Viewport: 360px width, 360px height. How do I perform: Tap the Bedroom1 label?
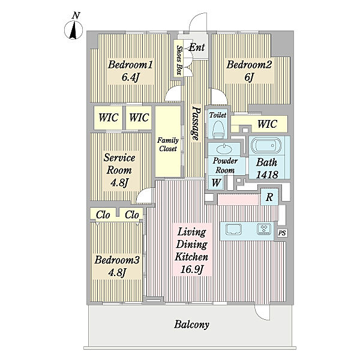coord(130,65)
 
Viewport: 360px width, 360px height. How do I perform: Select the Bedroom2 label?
coord(249,65)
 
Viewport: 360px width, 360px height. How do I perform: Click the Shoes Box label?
coord(179,60)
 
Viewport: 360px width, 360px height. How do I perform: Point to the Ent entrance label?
coord(197,47)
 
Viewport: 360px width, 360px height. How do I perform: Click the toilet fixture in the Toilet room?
coord(218,130)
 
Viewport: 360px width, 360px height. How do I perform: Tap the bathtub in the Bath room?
coord(266,146)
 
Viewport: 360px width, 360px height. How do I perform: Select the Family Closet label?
coord(168,145)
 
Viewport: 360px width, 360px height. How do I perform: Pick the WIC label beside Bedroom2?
coord(267,124)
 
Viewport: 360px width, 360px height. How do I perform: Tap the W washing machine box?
coord(216,182)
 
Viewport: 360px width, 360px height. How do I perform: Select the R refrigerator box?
coord(269,197)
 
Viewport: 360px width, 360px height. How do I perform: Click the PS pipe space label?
coord(282,233)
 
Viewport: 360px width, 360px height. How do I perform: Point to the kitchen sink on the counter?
coord(233,229)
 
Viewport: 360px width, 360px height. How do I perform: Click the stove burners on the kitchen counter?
coord(264,229)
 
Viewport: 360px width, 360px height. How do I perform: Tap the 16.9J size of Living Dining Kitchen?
coord(192,269)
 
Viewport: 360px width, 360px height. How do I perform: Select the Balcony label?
coord(192,325)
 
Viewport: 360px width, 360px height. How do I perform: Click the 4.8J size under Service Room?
coord(119,183)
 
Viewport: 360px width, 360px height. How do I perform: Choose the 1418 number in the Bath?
coord(267,175)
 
